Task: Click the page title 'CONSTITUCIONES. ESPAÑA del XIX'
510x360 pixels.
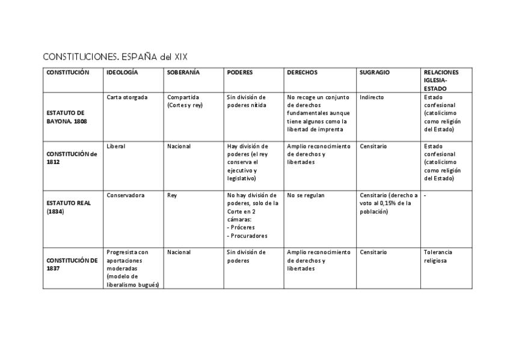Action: tap(115, 57)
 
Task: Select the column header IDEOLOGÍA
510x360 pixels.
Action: tap(122, 72)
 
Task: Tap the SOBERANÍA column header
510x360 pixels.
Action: tap(183, 72)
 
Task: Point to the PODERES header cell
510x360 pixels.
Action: tap(240, 72)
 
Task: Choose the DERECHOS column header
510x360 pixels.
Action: tap(303, 72)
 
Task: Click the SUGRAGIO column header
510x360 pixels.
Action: tap(375, 72)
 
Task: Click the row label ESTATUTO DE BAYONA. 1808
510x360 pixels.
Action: tap(66, 117)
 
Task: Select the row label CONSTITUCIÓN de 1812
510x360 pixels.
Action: tap(72, 157)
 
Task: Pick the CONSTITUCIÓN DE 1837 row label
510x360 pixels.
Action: tap(72, 264)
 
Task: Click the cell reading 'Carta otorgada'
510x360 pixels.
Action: tap(127, 97)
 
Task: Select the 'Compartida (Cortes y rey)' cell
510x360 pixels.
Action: tap(185, 101)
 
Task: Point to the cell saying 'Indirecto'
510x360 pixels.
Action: tap(372, 97)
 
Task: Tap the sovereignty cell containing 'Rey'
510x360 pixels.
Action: tap(172, 195)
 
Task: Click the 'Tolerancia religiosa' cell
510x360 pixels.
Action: tap(438, 256)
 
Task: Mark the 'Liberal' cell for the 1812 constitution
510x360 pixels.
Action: tap(116, 146)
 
